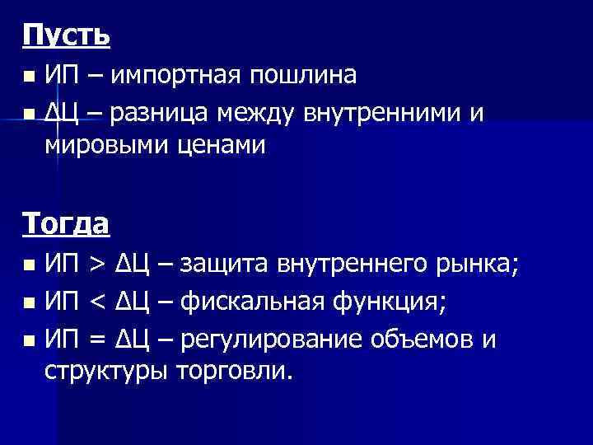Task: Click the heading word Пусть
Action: coord(66,36)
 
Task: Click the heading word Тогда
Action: coord(66,222)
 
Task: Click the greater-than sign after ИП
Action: coord(96,265)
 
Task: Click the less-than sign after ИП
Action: coord(96,302)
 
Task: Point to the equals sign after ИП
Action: coord(96,338)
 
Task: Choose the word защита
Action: coord(226,265)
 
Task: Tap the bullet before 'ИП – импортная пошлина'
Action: coord(30,77)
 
